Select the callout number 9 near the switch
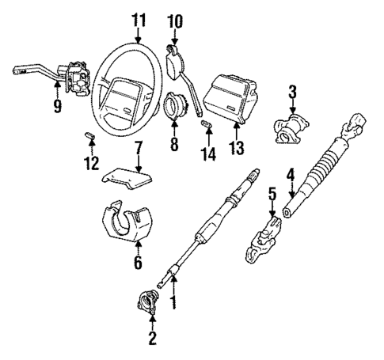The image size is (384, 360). point(57,105)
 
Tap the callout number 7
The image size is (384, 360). point(138,148)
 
